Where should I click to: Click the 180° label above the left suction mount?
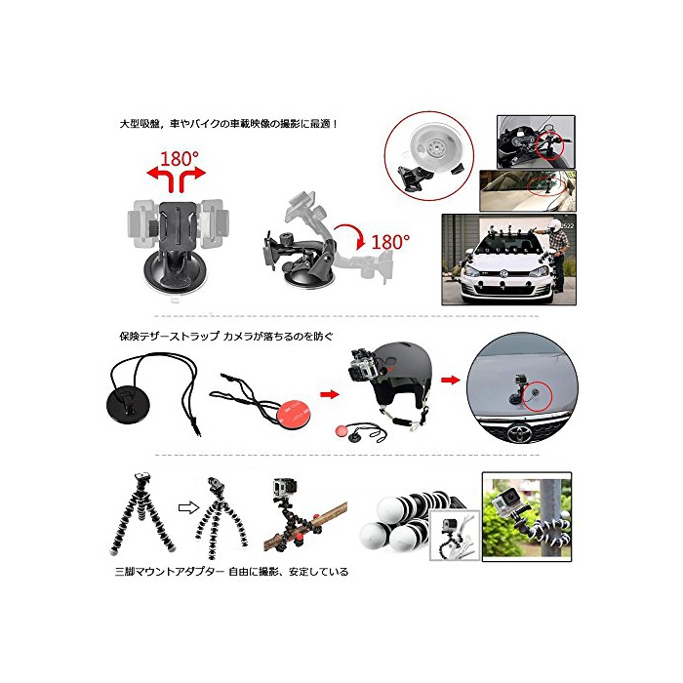(179, 159)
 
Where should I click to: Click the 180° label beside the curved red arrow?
(390, 242)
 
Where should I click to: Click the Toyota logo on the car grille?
(520, 433)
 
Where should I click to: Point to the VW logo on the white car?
(503, 274)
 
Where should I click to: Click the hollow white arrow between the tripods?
(188, 508)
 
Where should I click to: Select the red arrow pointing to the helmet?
(330, 394)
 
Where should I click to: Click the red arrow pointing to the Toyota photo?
(451, 381)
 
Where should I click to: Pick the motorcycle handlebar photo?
(536, 142)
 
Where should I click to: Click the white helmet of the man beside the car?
(554, 224)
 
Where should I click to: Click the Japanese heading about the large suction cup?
(229, 124)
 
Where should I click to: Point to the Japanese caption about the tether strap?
(226, 337)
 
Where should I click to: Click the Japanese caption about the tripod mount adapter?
(232, 571)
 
